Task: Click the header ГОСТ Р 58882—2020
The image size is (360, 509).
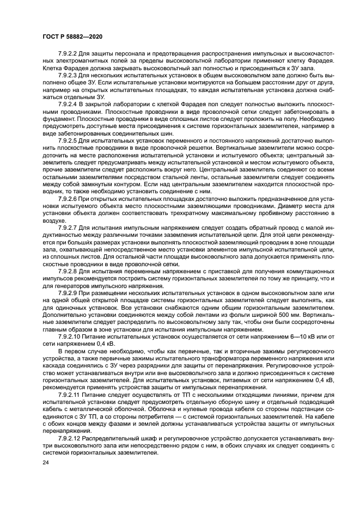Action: (74, 35)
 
